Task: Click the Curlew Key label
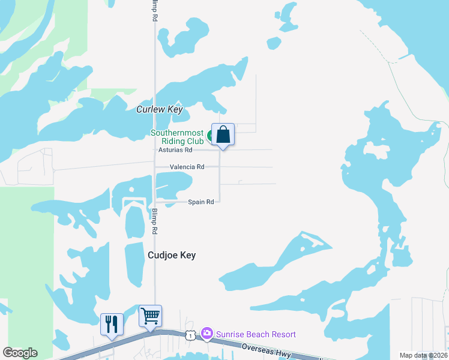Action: point(159,109)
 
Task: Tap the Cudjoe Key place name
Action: point(172,255)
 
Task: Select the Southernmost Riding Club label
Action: point(177,137)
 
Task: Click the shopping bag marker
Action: point(223,134)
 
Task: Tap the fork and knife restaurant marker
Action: point(112,325)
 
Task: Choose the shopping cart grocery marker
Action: point(150,316)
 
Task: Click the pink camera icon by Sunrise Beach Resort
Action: point(207,333)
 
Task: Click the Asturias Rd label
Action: point(175,150)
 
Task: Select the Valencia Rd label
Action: point(187,167)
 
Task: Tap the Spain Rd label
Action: point(201,202)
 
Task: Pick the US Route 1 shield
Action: point(190,335)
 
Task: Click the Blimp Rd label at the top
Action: point(155,11)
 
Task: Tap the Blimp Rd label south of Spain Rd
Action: point(155,221)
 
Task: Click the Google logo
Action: point(20,353)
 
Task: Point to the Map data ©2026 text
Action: point(423,355)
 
